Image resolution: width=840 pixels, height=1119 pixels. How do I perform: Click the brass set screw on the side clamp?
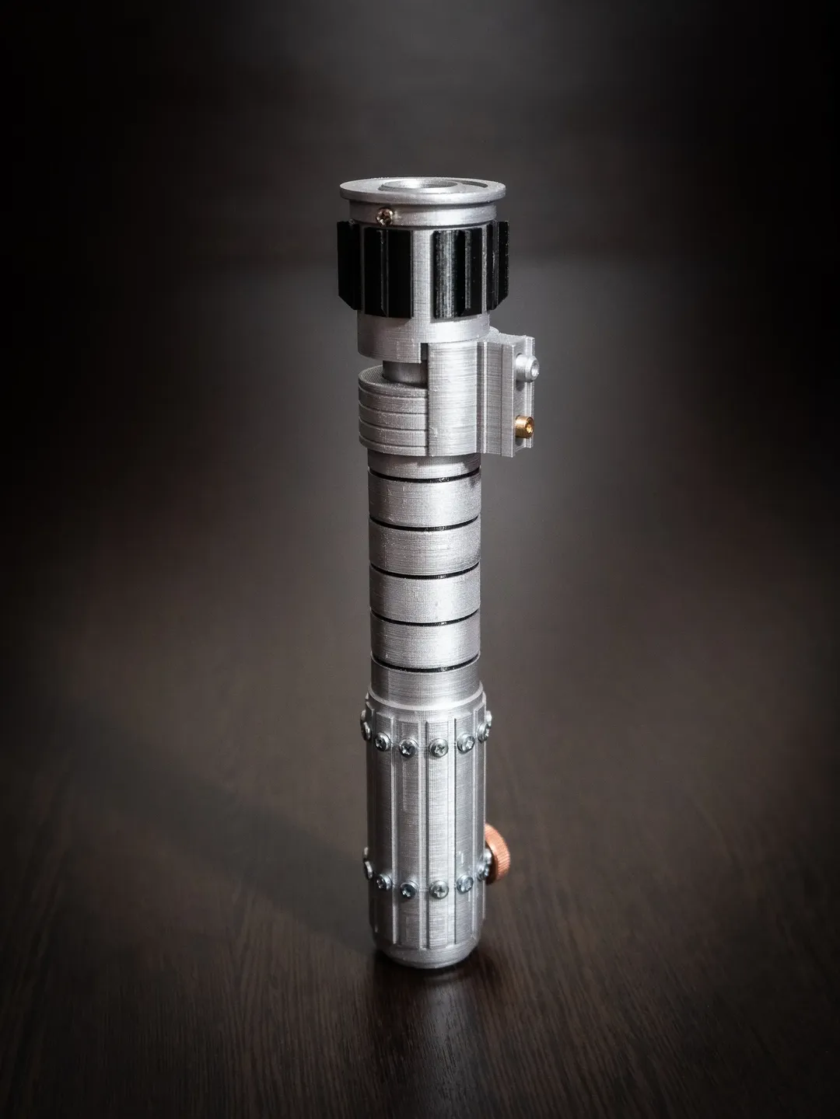(523, 424)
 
